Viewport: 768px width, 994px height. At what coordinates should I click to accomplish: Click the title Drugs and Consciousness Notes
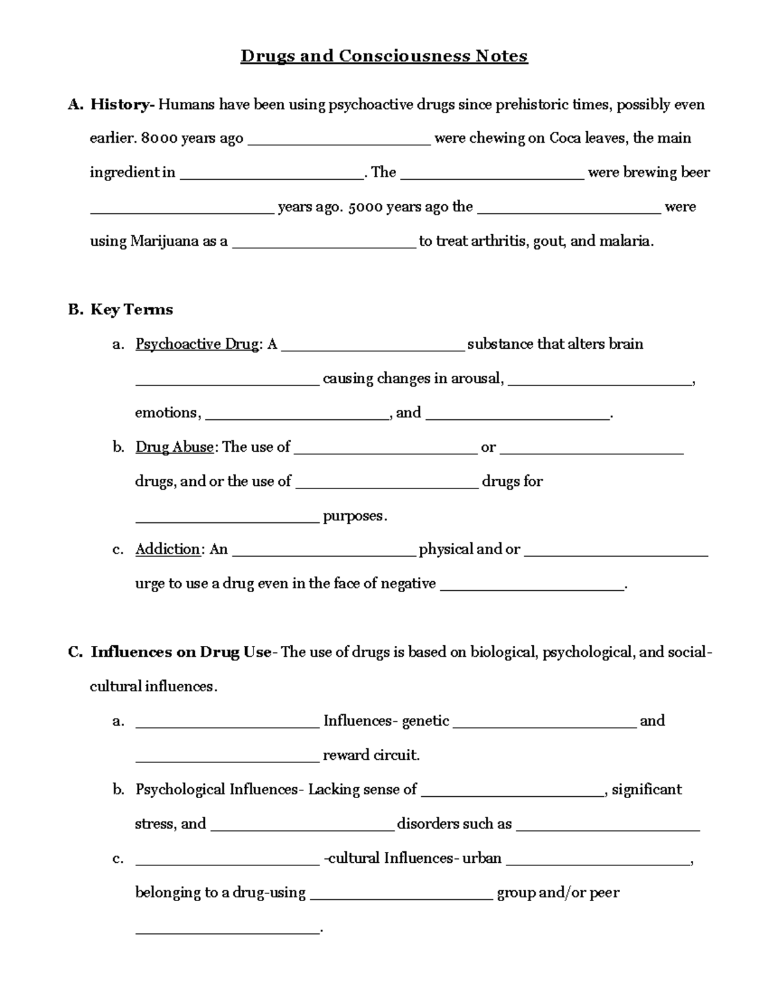(x=384, y=56)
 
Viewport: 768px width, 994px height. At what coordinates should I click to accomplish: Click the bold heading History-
(x=122, y=104)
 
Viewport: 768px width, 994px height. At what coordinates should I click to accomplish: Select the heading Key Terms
(x=131, y=310)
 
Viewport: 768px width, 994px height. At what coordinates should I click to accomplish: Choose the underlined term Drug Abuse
(x=174, y=447)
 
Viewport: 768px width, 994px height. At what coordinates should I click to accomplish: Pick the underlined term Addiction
(x=168, y=549)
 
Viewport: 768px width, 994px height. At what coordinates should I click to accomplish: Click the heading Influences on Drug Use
(x=181, y=652)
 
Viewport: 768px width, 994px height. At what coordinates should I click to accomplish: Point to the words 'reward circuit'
(x=371, y=755)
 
